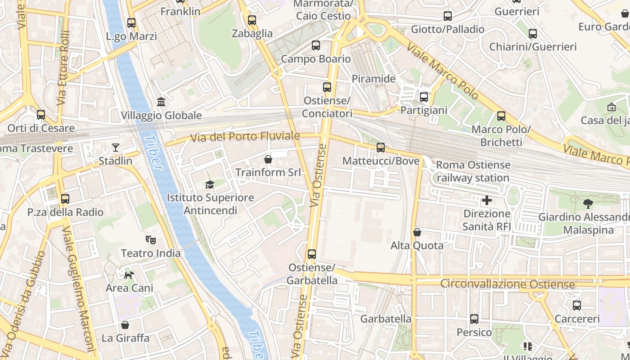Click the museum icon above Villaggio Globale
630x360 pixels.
pyautogui.click(x=161, y=102)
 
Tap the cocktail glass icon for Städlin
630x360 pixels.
pyautogui.click(x=116, y=148)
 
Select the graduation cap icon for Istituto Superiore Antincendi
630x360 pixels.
pyautogui.click(x=210, y=184)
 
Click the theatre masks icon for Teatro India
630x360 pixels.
pyautogui.click(x=150, y=240)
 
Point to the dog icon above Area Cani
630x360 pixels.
pyautogui.click(x=129, y=274)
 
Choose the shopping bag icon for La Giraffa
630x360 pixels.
pyautogui.click(x=125, y=325)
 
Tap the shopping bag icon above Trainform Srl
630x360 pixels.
pyautogui.click(x=268, y=159)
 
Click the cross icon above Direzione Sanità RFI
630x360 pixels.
pyautogui.click(x=487, y=200)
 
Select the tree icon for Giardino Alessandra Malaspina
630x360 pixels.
pyautogui.click(x=588, y=204)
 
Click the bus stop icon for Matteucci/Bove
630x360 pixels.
pyautogui.click(x=381, y=148)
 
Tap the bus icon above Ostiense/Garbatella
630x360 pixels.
pyautogui.click(x=312, y=254)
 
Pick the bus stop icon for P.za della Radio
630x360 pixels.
pyautogui.click(x=65, y=199)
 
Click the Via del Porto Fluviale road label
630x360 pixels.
pyautogui.click(x=245, y=136)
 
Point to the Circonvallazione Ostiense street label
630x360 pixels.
pyautogui.click(x=507, y=284)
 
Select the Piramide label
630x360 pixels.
pyautogui.click(x=373, y=79)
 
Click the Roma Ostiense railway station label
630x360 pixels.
pyautogui.click(x=473, y=171)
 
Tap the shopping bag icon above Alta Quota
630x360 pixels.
pyautogui.click(x=417, y=232)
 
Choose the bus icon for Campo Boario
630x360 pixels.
pyautogui.click(x=316, y=45)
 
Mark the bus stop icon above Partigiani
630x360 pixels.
pyautogui.click(x=424, y=97)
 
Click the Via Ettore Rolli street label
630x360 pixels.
pyautogui.click(x=63, y=68)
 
